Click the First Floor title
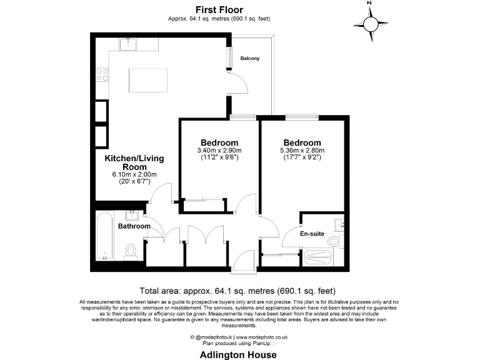pyautogui.click(x=219, y=9)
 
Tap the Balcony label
pyautogui.click(x=250, y=59)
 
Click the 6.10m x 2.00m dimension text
pyautogui.click(x=134, y=174)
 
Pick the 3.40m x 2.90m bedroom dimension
pyautogui.click(x=219, y=151)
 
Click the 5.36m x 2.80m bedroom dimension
pyautogui.click(x=302, y=151)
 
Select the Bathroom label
pyautogui.click(x=134, y=226)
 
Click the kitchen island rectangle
pyautogui.click(x=148, y=79)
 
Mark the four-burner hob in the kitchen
pyautogui.click(x=102, y=75)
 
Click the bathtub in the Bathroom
pyautogui.click(x=104, y=237)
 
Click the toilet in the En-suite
pyautogui.click(x=334, y=241)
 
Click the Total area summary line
pyautogui.click(x=237, y=291)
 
